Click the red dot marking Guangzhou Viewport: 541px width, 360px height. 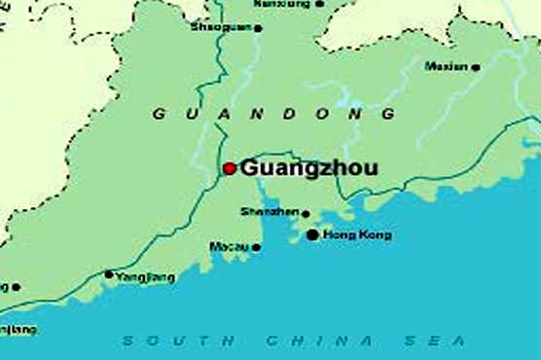[230, 168]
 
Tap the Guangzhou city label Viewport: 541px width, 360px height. [308, 167]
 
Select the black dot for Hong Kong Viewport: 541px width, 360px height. [312, 234]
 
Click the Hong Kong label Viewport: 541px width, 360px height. [357, 234]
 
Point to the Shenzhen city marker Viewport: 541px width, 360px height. [306, 214]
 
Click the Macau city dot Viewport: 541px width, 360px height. [256, 247]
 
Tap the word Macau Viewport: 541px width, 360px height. [229, 247]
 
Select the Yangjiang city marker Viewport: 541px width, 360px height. [108, 274]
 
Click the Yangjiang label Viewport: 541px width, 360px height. [145, 277]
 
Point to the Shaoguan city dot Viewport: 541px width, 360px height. [258, 28]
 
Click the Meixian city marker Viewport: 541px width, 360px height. [476, 67]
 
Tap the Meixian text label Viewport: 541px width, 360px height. [446, 66]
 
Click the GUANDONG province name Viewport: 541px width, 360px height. [274, 114]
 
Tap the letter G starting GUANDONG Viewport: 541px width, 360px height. [158, 114]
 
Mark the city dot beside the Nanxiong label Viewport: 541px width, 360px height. [320, 4]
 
